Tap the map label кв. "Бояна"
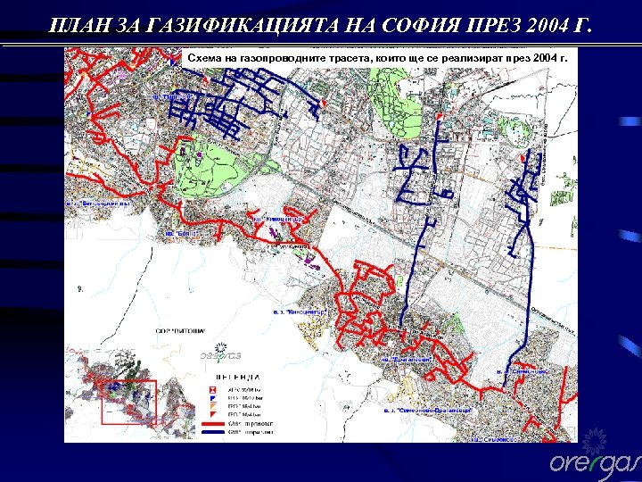(180, 234)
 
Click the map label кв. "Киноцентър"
(279, 217)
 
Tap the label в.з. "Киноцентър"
(301, 312)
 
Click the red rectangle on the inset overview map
(129, 403)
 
